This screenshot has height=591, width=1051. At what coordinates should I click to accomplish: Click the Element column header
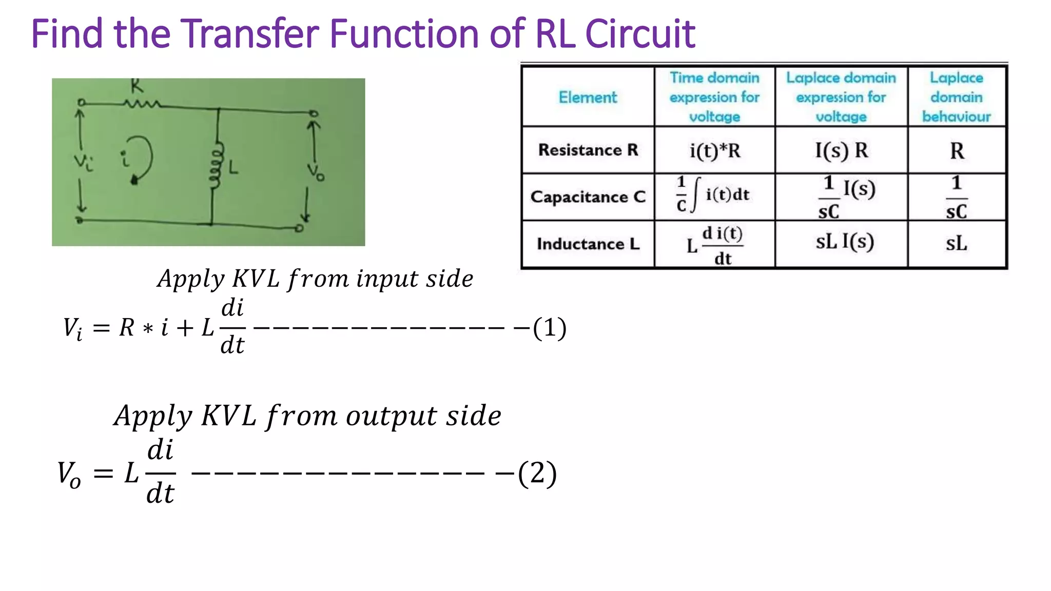588,97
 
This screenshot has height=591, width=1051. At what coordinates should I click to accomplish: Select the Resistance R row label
588,150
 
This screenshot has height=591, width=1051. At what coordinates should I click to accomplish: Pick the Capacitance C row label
588,197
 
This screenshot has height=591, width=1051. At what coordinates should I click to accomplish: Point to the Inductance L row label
588,244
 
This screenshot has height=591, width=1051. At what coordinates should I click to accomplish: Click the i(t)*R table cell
715,151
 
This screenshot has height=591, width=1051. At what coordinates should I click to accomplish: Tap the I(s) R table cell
842,150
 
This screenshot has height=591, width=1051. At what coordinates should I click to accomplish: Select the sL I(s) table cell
845,242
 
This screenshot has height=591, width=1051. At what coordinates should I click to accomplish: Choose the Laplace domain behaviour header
957,97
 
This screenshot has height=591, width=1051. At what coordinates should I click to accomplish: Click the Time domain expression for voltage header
714,97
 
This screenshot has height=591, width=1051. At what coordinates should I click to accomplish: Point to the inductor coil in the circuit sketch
217,165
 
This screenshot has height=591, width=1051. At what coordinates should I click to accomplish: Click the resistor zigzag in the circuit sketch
142,104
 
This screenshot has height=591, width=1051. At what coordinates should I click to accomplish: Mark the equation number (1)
550,328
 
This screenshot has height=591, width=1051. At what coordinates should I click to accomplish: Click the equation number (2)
537,473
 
